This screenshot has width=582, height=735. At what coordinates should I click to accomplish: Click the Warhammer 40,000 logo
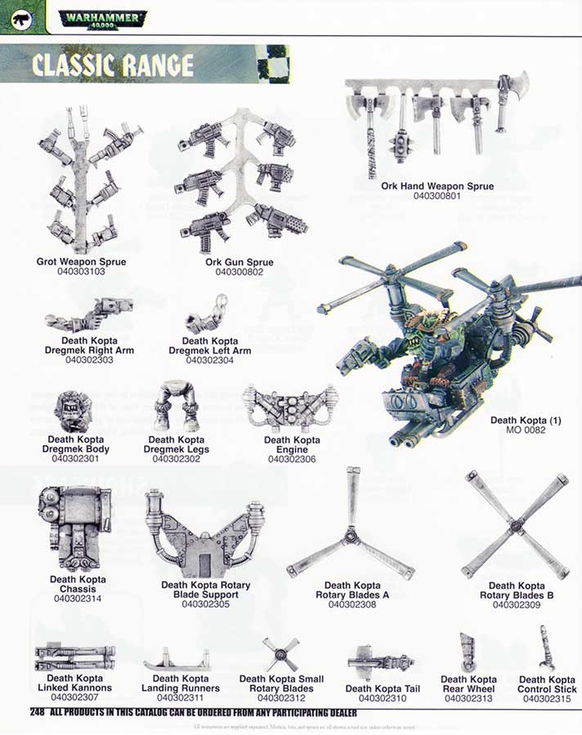[103, 17]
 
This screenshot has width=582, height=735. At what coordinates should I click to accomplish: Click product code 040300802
[239, 272]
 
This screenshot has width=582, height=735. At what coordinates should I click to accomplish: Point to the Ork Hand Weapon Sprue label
[437, 186]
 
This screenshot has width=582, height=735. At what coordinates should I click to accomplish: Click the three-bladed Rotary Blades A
[351, 532]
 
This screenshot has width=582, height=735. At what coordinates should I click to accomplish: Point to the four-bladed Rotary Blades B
[516, 526]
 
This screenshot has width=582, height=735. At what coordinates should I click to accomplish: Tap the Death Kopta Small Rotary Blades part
[280, 653]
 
